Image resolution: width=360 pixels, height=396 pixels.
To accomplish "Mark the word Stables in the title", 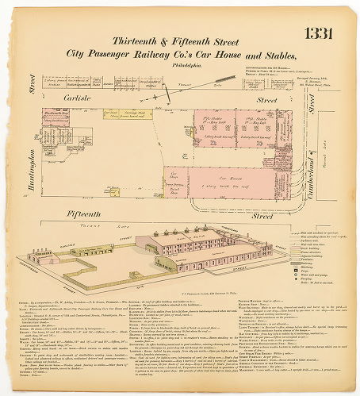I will [x=266, y=54].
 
